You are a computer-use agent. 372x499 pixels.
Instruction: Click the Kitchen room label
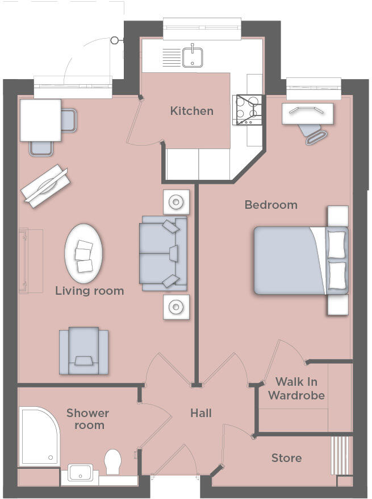pyautogui.click(x=192, y=111)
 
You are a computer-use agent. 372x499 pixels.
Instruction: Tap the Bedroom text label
pyautogui.click(x=271, y=205)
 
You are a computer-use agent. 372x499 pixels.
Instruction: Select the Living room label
pyautogui.click(x=89, y=291)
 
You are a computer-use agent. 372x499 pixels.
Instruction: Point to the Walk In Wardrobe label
pyautogui.click(x=296, y=388)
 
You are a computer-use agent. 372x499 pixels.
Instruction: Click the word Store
pyautogui.click(x=286, y=458)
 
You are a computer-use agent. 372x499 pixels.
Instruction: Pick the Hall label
pyautogui.click(x=201, y=413)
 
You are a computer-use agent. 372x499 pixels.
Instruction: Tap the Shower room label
pyautogui.click(x=87, y=419)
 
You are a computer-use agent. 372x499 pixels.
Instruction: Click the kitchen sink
pyautogui.click(x=193, y=56)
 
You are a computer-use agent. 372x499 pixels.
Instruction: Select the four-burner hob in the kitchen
pyautogui.click(x=249, y=109)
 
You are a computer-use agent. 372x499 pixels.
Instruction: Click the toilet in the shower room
pyautogui.click(x=114, y=461)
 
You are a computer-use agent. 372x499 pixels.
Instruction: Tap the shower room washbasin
pyautogui.click(x=80, y=472)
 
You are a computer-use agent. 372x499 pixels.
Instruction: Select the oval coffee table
pyautogui.click(x=84, y=253)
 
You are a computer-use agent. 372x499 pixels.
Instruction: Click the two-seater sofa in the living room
pyautogui.click(x=163, y=254)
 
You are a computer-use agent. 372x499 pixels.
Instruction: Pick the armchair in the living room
pyautogui.click(x=84, y=350)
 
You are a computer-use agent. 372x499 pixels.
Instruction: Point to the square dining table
pyautogui.click(x=40, y=119)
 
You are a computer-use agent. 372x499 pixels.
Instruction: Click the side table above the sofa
pyautogui.click(x=176, y=201)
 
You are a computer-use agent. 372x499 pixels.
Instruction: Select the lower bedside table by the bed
pyautogui.click(x=337, y=304)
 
